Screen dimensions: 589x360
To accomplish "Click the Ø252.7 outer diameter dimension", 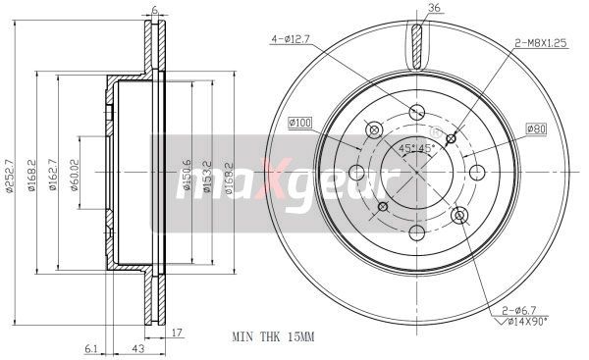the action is coord(10,176).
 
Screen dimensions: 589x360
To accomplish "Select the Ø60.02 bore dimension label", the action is coord(75,176).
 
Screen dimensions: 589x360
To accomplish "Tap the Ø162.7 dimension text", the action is coord(53,175).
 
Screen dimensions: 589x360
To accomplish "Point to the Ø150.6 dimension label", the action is coord(187,176).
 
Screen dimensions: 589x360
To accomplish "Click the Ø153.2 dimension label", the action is coord(207,176).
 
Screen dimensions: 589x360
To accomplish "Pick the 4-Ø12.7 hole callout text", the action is coord(290,39).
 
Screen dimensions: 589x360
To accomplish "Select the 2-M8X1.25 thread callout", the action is coord(540,43).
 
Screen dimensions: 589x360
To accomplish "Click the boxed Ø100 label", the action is coord(299,123).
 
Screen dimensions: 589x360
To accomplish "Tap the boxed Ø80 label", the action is coord(536,129).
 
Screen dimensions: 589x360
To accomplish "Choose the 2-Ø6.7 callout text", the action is coord(519,310).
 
